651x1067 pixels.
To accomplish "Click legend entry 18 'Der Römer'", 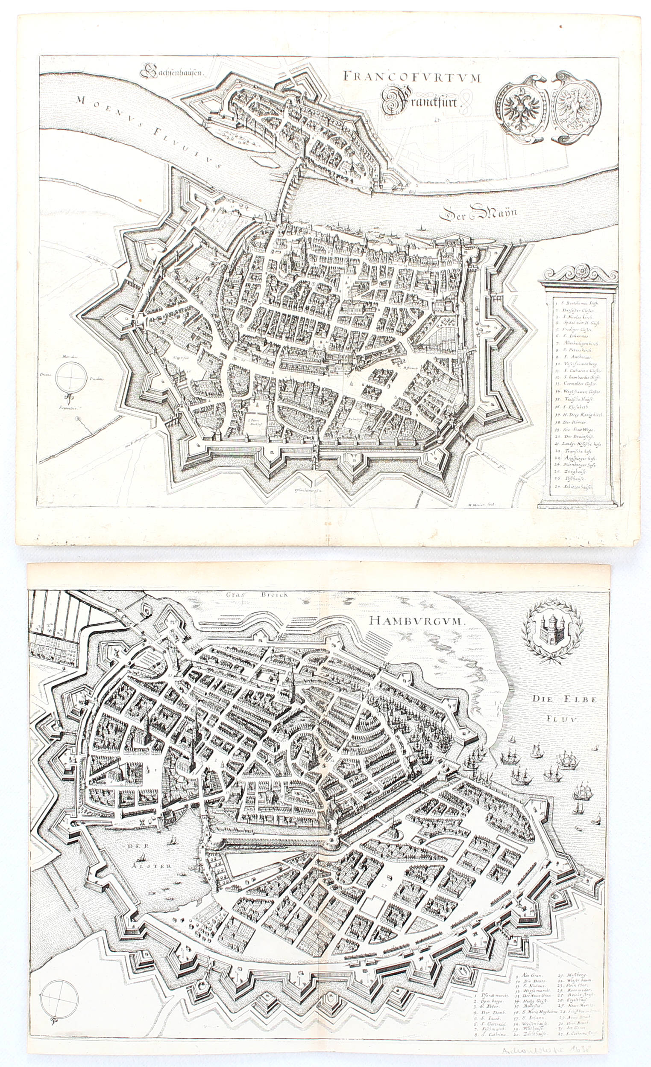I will tap(568, 422).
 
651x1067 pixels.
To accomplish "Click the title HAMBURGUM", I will tap(416, 621).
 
